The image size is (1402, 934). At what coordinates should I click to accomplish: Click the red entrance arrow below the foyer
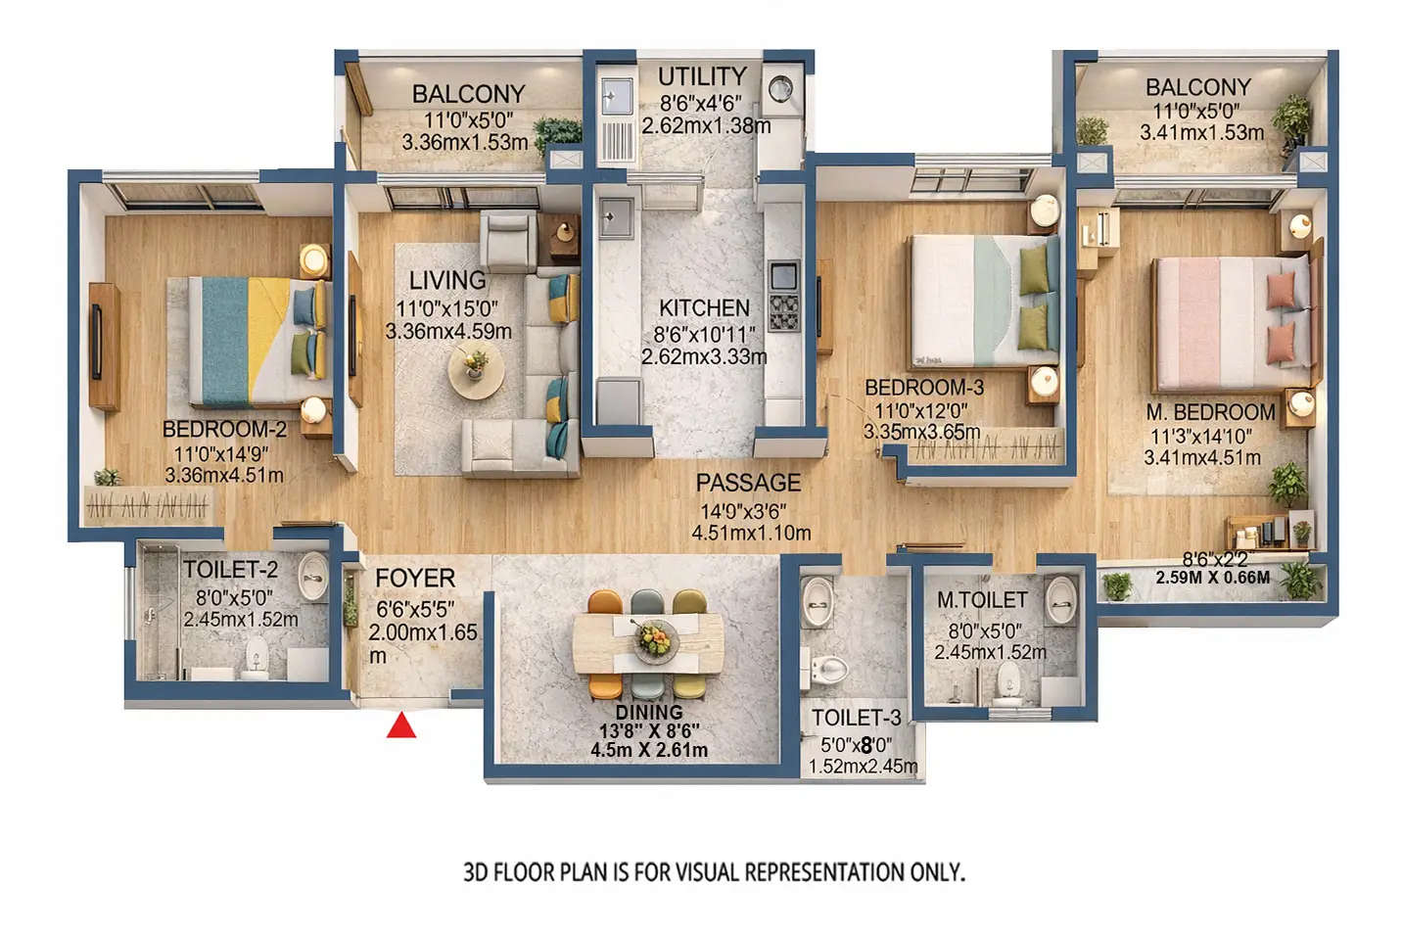click(401, 725)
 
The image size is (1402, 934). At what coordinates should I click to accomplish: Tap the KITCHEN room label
click(704, 308)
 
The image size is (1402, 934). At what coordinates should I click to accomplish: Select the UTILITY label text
click(702, 76)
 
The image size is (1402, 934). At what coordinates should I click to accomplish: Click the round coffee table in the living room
click(477, 370)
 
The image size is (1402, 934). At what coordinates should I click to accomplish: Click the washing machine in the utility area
click(780, 89)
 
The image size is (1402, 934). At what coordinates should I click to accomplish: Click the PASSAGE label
click(748, 483)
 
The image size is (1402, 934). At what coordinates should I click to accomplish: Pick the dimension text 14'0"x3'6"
click(743, 511)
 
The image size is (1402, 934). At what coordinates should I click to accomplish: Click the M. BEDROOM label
click(1210, 412)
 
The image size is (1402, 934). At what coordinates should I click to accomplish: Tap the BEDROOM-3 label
click(923, 388)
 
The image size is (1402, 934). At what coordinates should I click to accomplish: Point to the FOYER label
click(415, 579)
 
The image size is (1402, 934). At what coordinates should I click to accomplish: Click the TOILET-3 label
click(856, 718)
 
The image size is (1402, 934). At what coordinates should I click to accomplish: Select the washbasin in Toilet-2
click(312, 577)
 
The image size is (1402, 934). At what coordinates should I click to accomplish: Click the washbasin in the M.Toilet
click(1060, 597)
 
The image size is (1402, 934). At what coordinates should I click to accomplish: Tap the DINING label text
click(649, 712)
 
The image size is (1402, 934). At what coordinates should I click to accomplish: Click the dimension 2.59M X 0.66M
click(1212, 578)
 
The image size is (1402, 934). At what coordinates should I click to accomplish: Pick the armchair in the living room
click(507, 241)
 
